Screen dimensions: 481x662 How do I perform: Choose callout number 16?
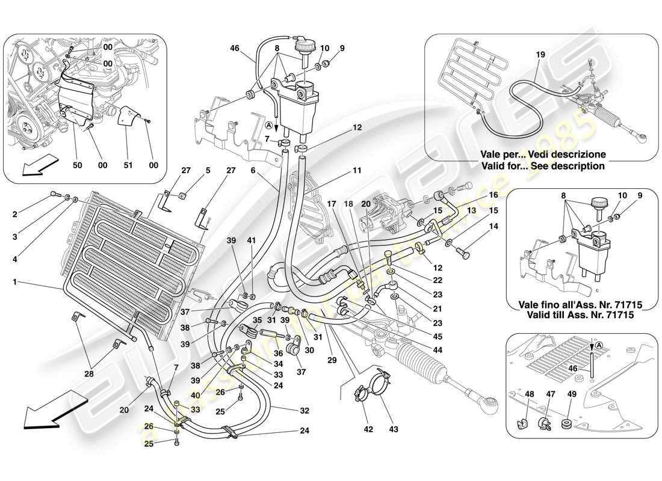tap(493, 195)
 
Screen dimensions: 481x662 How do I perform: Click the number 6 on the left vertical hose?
tap(254, 171)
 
